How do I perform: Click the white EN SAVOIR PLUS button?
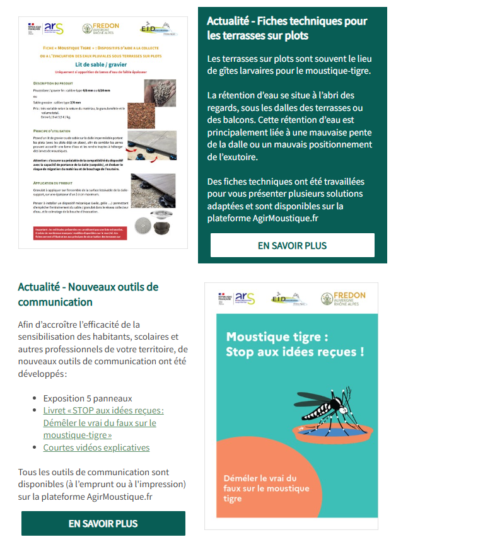click(292, 245)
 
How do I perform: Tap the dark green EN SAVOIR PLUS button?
click(103, 523)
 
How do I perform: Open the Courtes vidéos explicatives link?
click(96, 447)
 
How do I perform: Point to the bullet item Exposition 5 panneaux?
click(88, 398)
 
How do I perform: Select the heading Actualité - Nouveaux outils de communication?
click(88, 294)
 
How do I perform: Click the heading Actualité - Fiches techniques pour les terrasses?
click(287, 28)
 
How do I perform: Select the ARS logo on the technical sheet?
click(53, 28)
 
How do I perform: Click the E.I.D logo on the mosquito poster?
click(289, 298)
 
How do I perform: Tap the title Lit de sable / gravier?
click(103, 64)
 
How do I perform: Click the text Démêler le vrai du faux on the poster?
click(266, 488)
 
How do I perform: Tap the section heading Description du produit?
click(54, 83)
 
